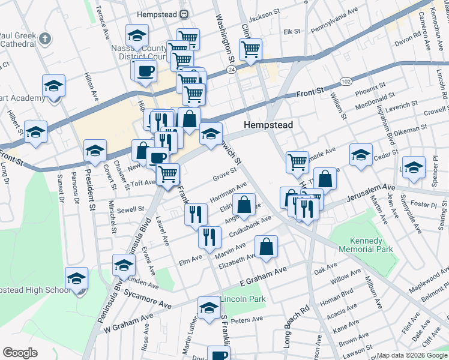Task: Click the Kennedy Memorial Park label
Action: [x=360, y=244]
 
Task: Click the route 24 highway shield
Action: [x=231, y=70]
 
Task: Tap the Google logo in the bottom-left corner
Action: [x=20, y=353]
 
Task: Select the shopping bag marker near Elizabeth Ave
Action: [x=266, y=247]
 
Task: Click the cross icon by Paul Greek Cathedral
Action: [x=45, y=39]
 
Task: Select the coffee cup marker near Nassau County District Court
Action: [x=145, y=71]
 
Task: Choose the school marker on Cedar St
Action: [x=361, y=155]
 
